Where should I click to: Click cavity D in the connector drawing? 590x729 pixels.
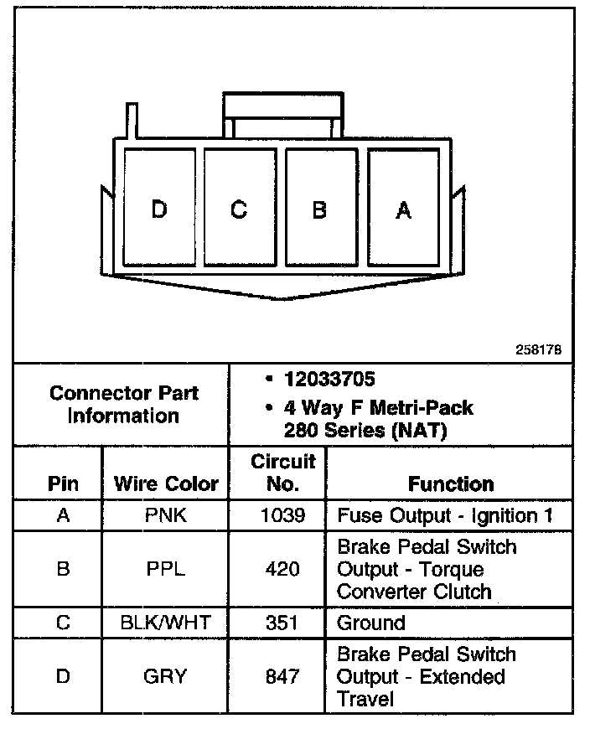pos(159,209)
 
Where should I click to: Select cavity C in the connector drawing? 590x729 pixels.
pos(240,209)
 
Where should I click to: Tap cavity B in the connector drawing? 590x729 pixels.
pos(320,209)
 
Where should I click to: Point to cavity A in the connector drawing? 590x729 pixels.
pos(403,209)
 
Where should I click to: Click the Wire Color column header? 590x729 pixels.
pos(166,483)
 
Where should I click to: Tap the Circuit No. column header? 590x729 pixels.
pos(283,473)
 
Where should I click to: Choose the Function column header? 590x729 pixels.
pos(451,483)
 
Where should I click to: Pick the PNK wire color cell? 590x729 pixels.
pos(166,514)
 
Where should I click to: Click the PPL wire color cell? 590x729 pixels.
pos(166,569)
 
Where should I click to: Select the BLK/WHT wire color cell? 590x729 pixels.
pos(166,623)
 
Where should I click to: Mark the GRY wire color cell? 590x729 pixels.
pos(166,676)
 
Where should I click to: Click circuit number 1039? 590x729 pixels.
pos(283,514)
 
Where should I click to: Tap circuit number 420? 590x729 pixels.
pos(283,569)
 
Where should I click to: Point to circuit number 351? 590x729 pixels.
pos(283,623)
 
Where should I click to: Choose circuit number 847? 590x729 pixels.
pos(283,676)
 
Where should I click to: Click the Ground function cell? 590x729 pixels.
pos(371,623)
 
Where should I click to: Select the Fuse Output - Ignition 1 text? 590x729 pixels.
pos(445,514)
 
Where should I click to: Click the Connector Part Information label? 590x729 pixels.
pos(123,404)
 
